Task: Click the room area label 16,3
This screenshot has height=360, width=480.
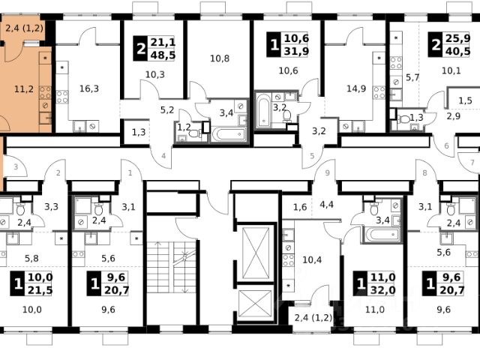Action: (x=89, y=88)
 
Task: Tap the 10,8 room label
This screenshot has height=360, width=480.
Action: (x=220, y=58)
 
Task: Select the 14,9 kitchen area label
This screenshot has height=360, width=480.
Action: (x=356, y=88)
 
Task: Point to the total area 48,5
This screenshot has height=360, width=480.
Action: (x=163, y=55)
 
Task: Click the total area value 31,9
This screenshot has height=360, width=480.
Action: (x=296, y=51)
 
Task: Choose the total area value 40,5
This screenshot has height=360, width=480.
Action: (x=457, y=51)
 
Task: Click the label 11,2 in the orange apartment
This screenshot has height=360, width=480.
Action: (x=24, y=89)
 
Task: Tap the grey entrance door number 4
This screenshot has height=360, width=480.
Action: (x=163, y=156)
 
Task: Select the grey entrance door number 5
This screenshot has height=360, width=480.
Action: (x=312, y=156)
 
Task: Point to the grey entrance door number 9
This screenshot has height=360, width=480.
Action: (x=327, y=173)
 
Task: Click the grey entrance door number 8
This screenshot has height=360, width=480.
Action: (x=424, y=173)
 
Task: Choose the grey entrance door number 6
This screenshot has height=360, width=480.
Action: (x=446, y=145)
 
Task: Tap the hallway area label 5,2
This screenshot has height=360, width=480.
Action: (x=167, y=110)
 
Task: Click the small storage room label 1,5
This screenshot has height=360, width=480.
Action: (x=465, y=100)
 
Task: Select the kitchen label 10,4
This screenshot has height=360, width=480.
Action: (x=312, y=260)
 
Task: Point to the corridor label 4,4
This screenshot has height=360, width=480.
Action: (x=326, y=205)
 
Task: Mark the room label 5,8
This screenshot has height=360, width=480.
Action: (x=31, y=259)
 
